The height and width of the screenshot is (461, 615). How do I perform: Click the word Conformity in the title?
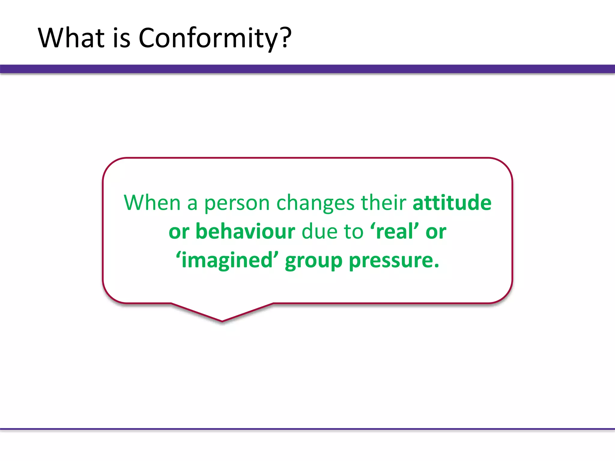point(207,38)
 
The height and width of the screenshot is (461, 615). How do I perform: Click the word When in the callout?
point(152,203)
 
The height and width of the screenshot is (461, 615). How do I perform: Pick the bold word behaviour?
point(245,231)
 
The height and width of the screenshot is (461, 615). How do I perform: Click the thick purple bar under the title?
point(307,69)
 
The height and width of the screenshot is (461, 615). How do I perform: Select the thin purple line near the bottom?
point(307,429)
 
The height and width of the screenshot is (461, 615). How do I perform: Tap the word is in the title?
point(122,38)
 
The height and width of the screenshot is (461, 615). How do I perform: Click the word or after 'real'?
point(436,232)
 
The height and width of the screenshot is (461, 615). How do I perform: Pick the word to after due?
point(353,231)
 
